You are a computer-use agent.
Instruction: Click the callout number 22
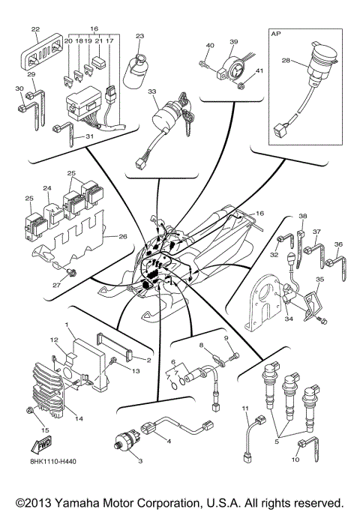34,29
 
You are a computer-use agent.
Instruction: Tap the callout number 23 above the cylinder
139,35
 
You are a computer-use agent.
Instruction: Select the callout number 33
151,91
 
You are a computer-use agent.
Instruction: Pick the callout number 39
233,42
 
